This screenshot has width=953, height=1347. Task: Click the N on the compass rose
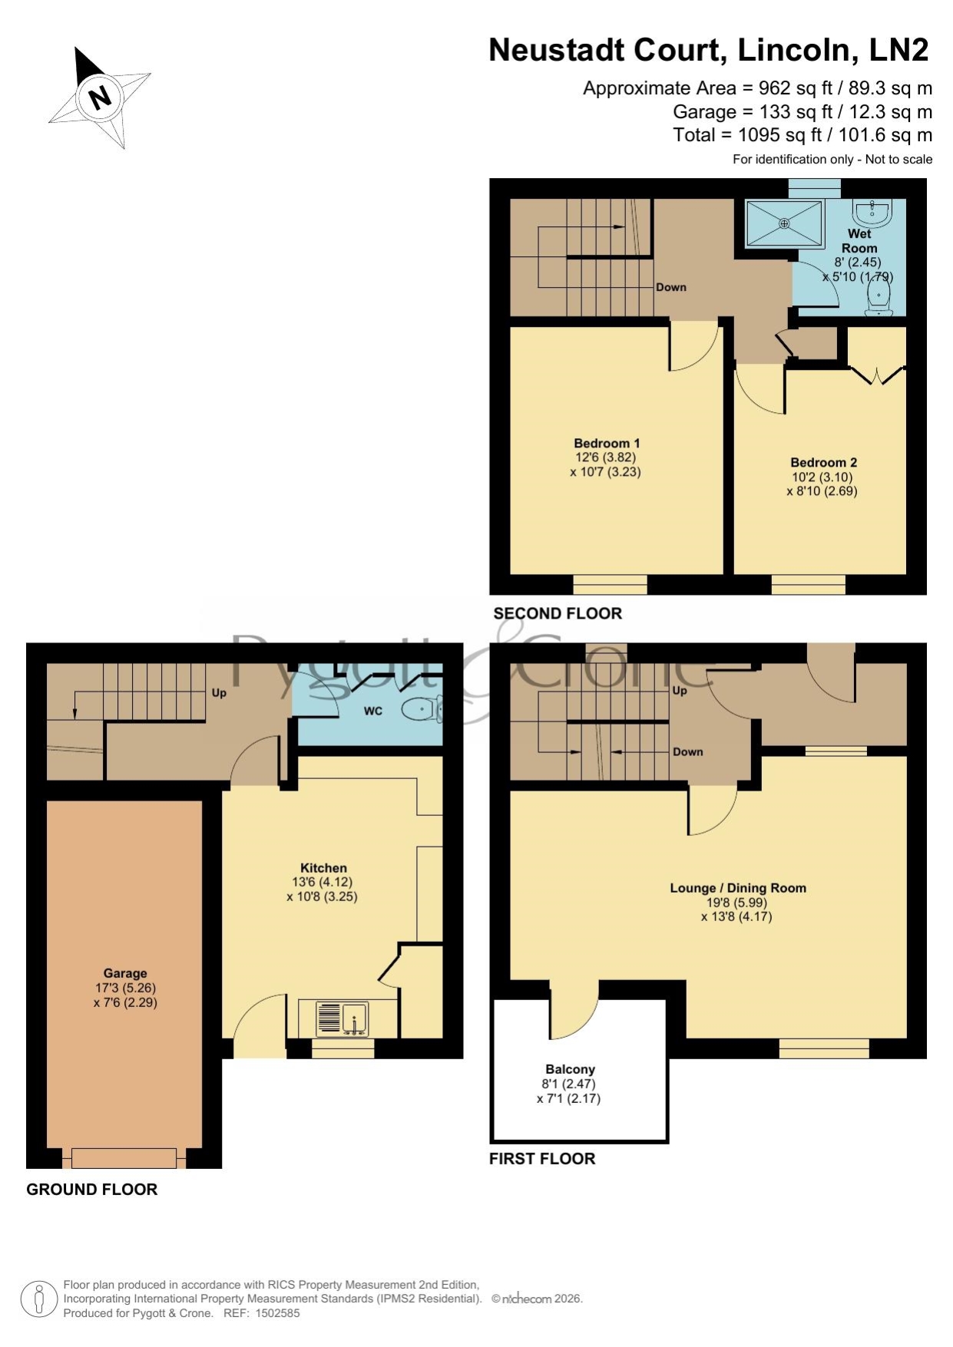pos(100,97)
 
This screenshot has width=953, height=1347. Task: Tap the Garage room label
pos(125,973)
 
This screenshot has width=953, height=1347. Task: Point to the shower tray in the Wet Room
pos(784,223)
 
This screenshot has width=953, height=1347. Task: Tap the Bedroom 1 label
pos(607,443)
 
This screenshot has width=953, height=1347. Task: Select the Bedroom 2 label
pos(823,462)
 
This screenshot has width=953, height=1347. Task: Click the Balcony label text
pos(570,1069)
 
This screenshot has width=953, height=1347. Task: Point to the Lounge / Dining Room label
pos(738,888)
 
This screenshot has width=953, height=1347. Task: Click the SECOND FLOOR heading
pos(558,613)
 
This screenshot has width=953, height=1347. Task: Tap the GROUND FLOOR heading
pos(91,1190)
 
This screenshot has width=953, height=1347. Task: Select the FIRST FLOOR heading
pos(542,1159)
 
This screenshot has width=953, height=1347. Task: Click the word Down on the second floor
pos(671,287)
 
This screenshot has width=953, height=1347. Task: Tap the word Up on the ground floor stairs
pos(219,693)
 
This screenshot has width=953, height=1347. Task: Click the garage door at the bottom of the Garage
pos(124,1157)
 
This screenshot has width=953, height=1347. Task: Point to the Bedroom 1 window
pos(610,584)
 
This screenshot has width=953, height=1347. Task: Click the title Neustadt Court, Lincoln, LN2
pos(709,50)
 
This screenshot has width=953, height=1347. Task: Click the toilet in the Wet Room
pos(878,299)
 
